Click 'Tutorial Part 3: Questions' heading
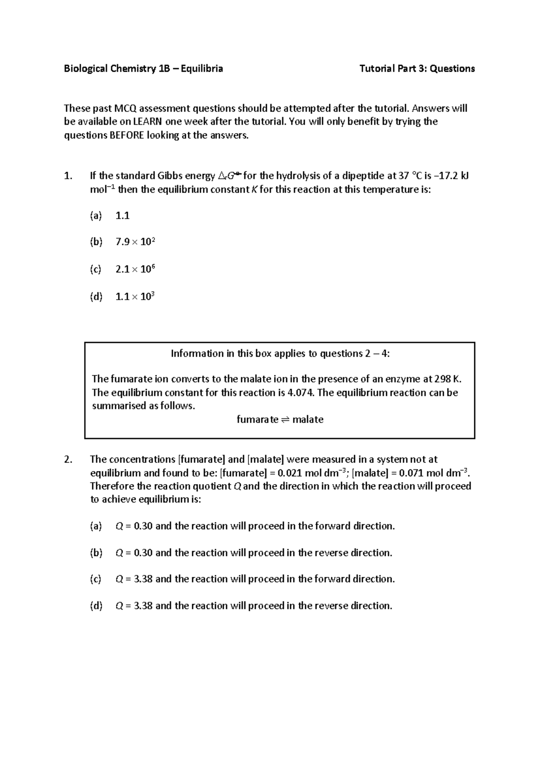click(x=417, y=68)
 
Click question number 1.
click(x=67, y=176)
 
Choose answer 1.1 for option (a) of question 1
click(x=122, y=216)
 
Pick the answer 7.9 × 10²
click(x=135, y=242)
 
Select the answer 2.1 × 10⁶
click(x=135, y=269)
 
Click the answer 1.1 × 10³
click(x=135, y=296)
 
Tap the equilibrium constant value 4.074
click(x=301, y=393)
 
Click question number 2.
click(x=67, y=459)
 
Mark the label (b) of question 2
click(x=96, y=553)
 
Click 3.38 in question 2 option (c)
click(x=143, y=579)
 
